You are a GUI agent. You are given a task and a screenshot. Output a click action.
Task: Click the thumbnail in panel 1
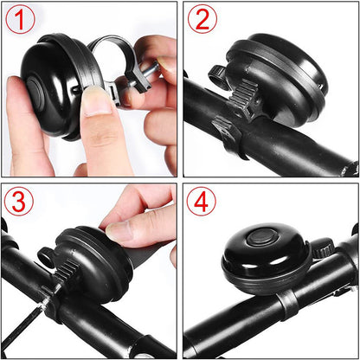(x=97, y=102)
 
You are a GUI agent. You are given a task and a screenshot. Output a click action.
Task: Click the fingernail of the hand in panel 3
(x=119, y=231)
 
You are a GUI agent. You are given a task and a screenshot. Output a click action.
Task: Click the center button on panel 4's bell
(x=259, y=237)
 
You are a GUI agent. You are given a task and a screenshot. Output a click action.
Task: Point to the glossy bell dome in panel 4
(x=260, y=260)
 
